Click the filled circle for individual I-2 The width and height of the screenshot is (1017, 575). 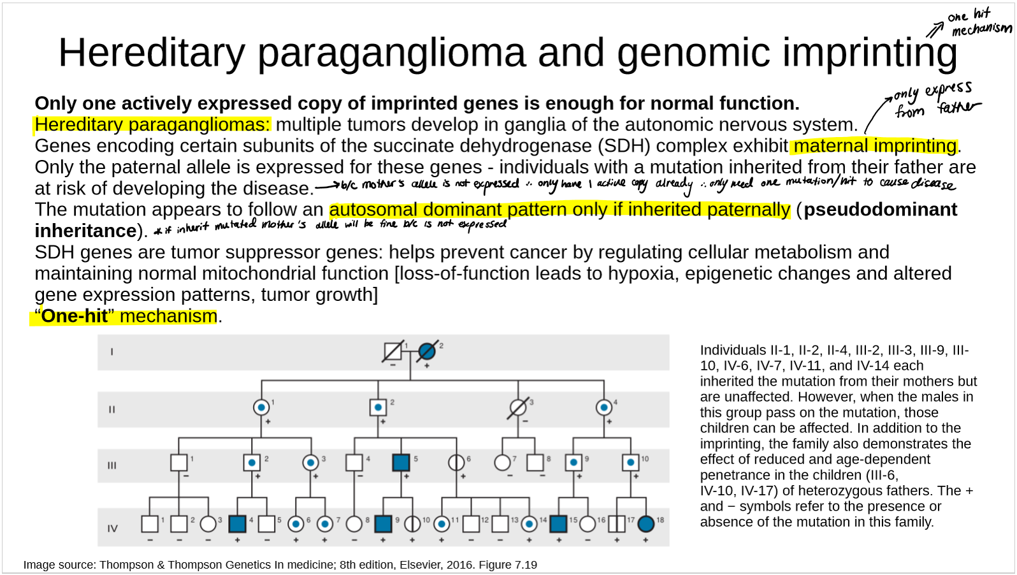point(426,351)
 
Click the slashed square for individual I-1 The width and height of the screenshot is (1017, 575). point(393,351)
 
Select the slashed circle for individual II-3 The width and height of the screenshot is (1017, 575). point(518,407)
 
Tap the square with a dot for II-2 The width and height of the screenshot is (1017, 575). point(378,407)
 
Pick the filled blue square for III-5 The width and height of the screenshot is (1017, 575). point(401,462)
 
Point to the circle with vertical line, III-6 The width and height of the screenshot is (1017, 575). point(456,462)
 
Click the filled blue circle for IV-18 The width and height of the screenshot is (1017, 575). point(646,524)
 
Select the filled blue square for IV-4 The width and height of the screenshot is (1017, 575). point(237,524)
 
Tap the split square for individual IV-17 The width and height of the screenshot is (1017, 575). point(617,524)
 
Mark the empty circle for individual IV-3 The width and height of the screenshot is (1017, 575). point(208,524)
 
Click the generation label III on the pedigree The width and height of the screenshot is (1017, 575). point(112,465)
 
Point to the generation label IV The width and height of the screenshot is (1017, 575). point(112,528)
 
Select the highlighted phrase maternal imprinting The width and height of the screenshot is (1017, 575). point(875,146)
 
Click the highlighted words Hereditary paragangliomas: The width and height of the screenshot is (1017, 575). point(152,125)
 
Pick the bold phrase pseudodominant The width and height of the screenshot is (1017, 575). point(880,210)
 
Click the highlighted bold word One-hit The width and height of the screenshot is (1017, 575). point(75,316)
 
